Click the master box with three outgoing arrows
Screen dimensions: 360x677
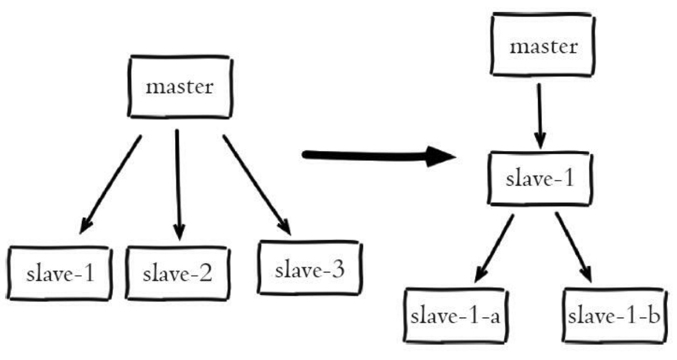click(x=179, y=87)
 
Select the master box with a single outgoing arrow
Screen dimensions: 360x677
click(x=544, y=46)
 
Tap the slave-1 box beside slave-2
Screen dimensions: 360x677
click(x=60, y=274)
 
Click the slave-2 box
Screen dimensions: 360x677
click(x=177, y=274)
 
